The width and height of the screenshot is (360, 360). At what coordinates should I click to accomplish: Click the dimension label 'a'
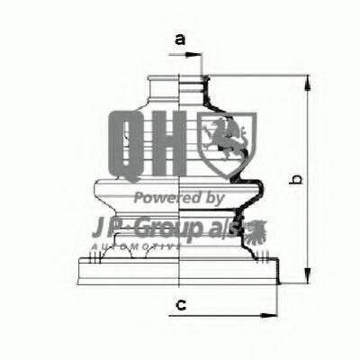coord(179,39)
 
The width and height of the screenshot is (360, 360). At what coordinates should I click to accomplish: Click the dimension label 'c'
coord(180,305)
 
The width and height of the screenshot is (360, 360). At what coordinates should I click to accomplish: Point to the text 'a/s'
coord(227,224)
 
